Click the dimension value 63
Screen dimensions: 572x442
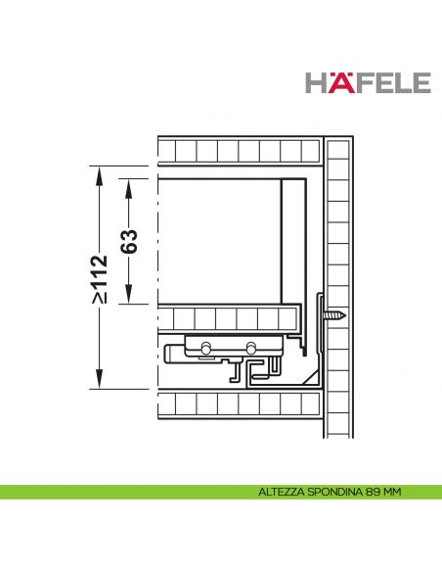128,240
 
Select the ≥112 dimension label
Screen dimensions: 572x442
98,278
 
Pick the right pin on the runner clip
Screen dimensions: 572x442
252,347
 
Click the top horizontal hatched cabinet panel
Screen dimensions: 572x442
240,151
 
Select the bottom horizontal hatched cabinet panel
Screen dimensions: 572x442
240,404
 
